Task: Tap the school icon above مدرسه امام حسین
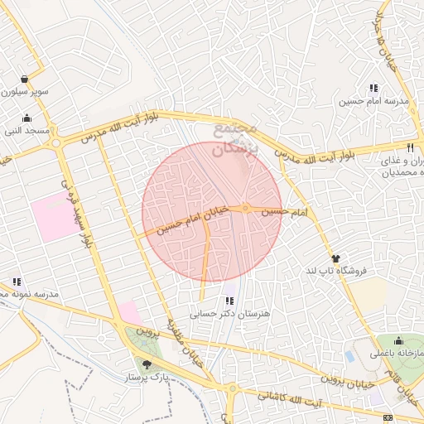tap(373, 88)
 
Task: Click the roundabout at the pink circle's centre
tap(246, 207)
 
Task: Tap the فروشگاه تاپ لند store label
tap(335, 271)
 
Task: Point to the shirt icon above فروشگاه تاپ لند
tap(335, 258)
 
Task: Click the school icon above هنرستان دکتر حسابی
tap(229, 301)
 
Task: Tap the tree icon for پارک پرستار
tap(147, 364)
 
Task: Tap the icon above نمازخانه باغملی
tap(398, 340)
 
